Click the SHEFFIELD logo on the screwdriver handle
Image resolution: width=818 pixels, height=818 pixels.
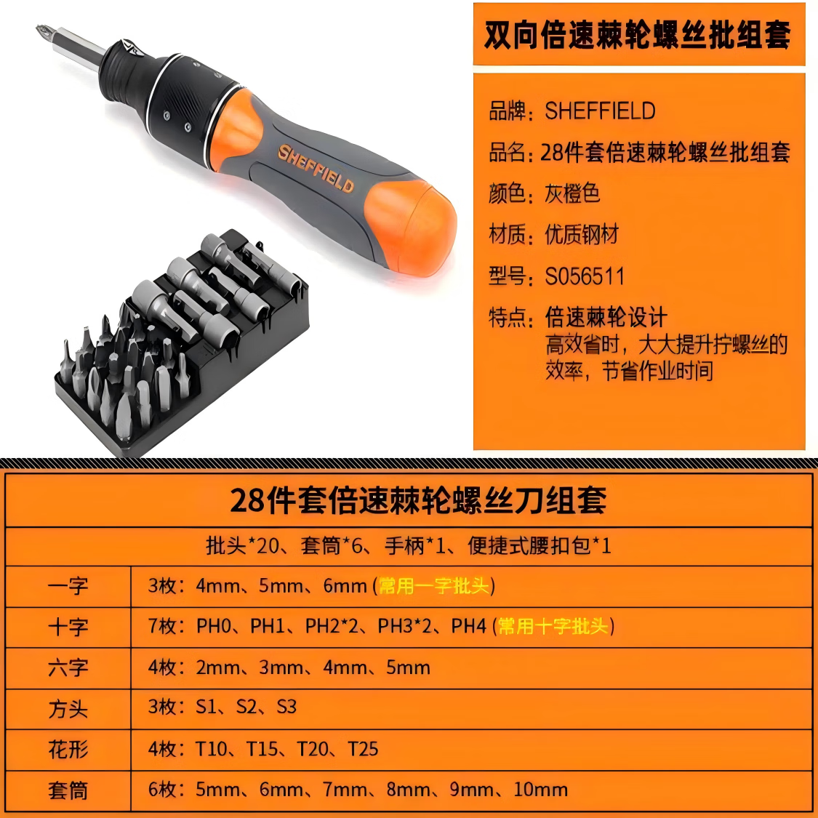(316, 168)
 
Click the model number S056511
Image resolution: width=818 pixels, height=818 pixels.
(585, 276)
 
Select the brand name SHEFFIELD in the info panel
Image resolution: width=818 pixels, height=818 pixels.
(600, 111)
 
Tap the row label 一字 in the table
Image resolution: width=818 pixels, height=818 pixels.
(68, 586)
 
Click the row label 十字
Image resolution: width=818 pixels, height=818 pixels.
(68, 627)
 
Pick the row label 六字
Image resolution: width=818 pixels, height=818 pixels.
(68, 667)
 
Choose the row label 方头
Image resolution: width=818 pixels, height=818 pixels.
(68, 708)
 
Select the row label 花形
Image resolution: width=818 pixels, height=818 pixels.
(68, 749)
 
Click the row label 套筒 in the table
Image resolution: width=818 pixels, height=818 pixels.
(68, 790)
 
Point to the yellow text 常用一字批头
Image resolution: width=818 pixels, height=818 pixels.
(434, 586)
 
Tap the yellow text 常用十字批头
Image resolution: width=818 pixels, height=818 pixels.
(553, 626)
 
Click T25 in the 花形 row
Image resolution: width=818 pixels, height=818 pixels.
(363, 749)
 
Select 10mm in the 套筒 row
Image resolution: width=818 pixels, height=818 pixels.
(540, 790)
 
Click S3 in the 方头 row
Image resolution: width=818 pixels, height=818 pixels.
(286, 707)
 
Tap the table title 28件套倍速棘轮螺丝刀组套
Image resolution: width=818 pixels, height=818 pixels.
(418, 500)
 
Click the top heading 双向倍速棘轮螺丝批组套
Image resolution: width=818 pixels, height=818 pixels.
(638, 35)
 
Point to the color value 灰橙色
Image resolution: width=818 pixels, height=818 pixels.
(572, 193)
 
